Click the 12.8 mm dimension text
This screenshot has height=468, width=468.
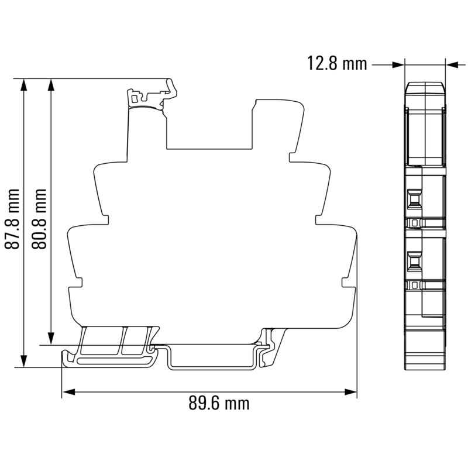[x=337, y=63]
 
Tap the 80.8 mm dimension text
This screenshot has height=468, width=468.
[x=40, y=218]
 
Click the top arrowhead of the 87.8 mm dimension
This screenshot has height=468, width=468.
[x=24, y=85]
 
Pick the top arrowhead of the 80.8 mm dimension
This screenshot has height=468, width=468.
[x=51, y=85]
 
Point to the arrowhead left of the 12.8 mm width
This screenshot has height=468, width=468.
[x=398, y=63]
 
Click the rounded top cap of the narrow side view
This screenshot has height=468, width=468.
[x=425, y=87]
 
